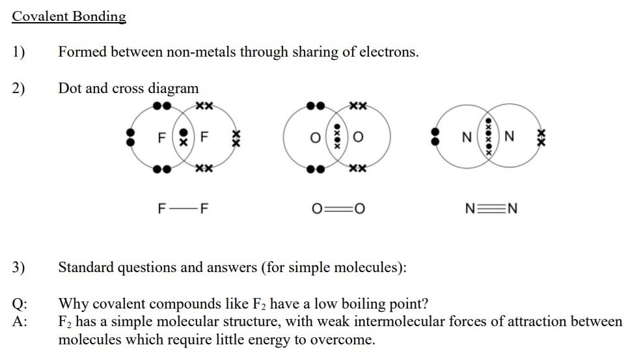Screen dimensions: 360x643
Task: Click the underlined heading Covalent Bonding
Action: [69, 17]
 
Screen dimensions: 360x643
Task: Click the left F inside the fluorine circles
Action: [162, 138]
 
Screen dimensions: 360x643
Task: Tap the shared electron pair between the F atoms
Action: [184, 136]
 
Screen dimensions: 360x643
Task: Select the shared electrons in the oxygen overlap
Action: [337, 137]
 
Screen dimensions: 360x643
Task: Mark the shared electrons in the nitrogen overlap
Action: [489, 137]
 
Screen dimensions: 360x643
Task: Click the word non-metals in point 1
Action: [200, 53]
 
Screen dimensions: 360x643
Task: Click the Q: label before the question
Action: [20, 304]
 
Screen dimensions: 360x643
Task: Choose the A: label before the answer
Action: [20, 322]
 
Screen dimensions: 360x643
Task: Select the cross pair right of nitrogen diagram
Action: [540, 137]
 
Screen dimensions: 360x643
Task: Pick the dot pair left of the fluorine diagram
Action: [131, 137]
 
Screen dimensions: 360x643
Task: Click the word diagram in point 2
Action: [173, 89]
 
